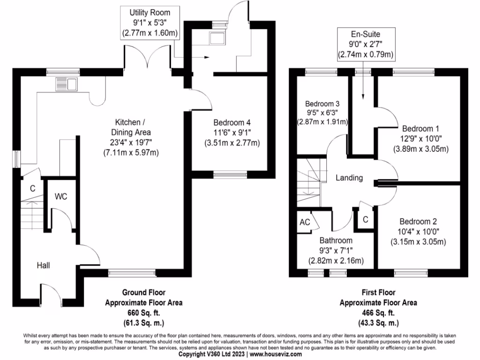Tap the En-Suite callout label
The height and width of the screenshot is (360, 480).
click(365, 35)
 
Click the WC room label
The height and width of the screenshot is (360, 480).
click(61, 196)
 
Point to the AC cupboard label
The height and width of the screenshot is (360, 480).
click(304, 222)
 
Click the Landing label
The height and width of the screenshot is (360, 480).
click(349, 178)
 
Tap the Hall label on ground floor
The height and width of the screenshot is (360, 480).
click(44, 265)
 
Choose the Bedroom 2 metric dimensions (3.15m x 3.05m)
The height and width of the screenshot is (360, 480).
click(418, 242)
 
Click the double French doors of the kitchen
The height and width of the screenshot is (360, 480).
click(151, 59)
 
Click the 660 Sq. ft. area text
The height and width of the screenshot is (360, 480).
click(143, 313)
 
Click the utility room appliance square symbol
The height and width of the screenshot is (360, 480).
click(217, 38)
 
